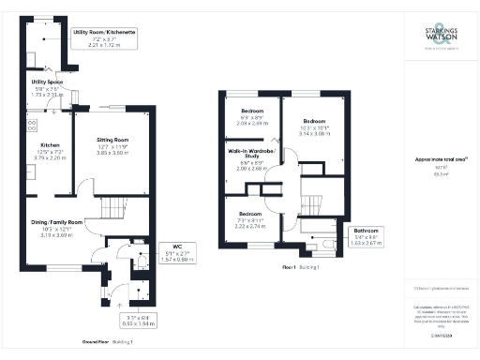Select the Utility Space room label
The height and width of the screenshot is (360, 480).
point(46,88)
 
